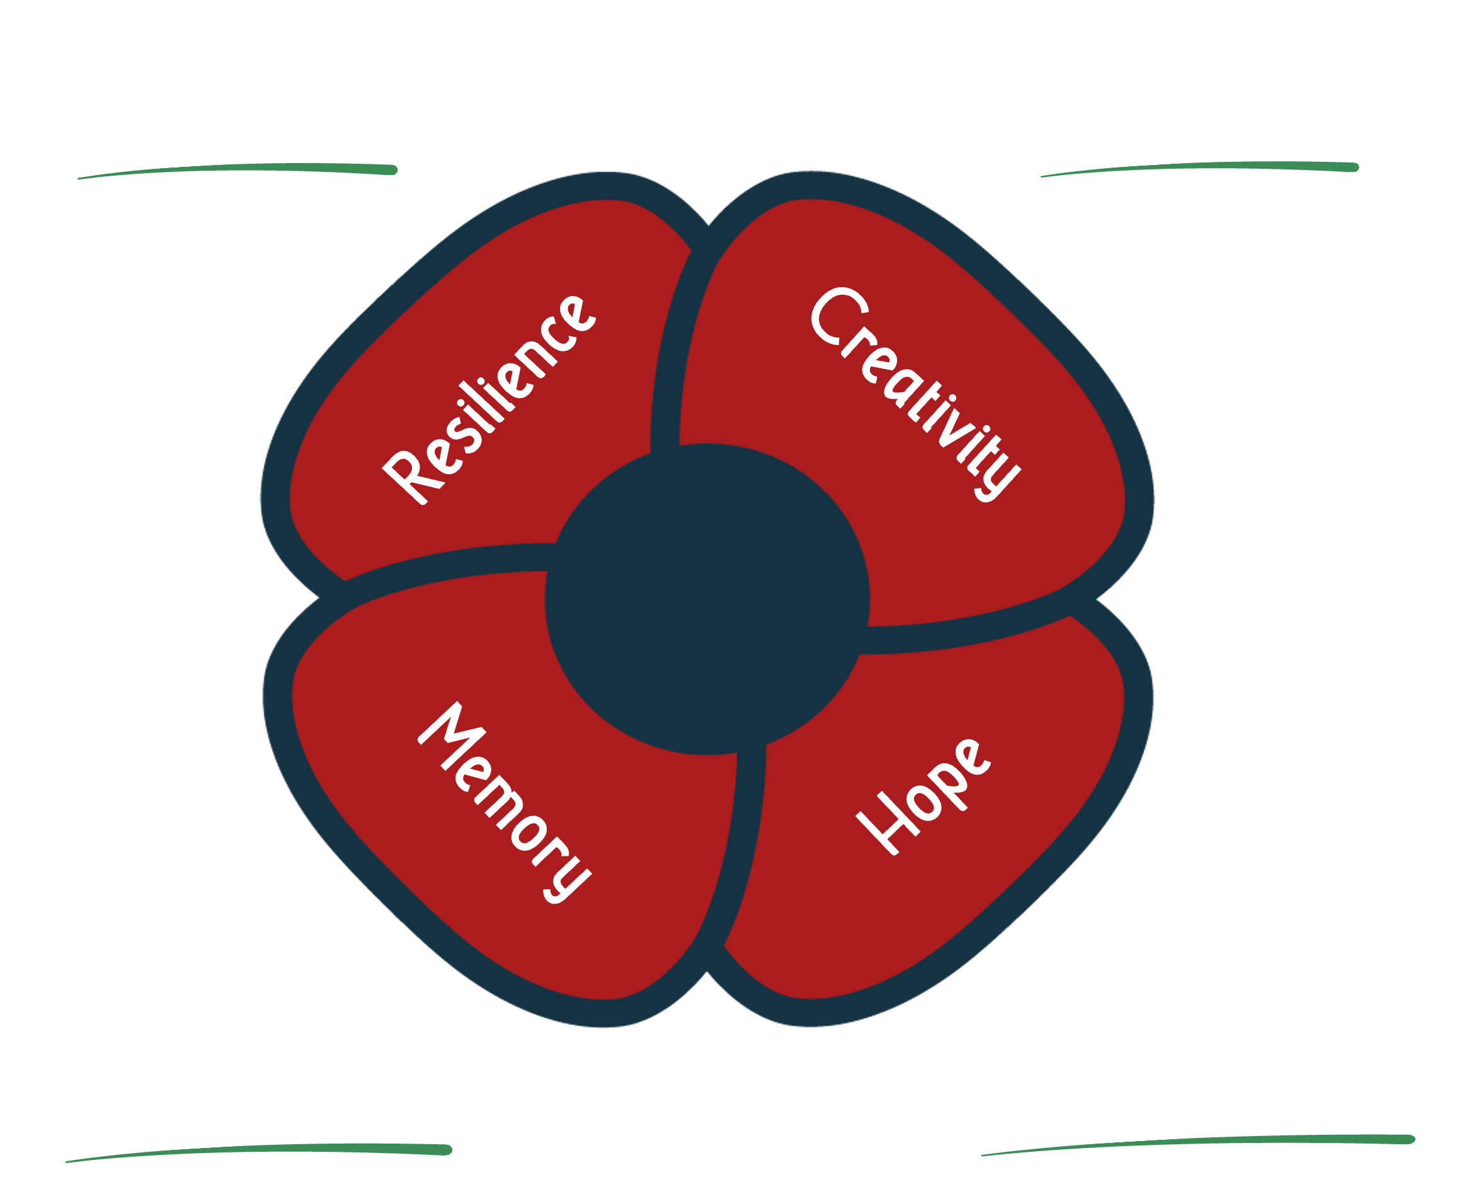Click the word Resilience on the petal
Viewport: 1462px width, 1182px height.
[x=489, y=401]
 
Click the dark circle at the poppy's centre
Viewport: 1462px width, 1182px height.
[x=707, y=599]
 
